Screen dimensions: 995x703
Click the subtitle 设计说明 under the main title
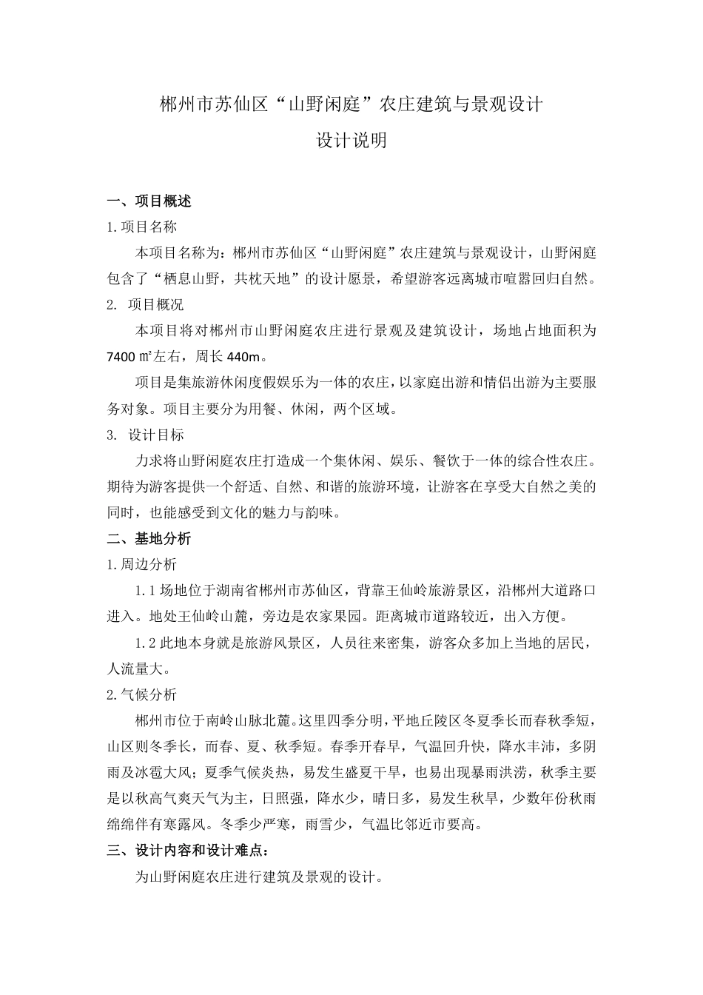coord(351,141)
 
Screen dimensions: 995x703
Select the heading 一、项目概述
coord(149,201)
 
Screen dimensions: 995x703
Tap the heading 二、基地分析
coord(149,538)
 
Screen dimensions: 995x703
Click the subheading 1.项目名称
coord(142,227)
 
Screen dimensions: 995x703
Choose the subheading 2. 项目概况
coord(145,304)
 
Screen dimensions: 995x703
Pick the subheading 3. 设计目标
coord(145,435)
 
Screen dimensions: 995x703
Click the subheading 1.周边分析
coord(142,564)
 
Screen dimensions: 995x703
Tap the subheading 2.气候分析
coord(142,694)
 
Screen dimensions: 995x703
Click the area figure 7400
coord(121,357)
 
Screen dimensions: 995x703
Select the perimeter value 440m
coord(243,357)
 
